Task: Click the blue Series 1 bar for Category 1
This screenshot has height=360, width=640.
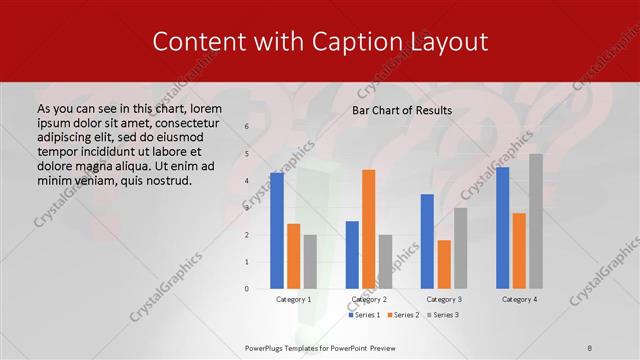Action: point(277,231)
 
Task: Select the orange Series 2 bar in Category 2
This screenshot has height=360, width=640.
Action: point(369,229)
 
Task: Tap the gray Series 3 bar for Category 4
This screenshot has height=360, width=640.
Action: point(536,221)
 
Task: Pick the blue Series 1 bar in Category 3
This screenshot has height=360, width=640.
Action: point(427,241)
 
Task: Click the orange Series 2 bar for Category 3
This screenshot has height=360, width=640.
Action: point(444,264)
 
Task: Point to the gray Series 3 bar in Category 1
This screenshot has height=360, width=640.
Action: point(310,262)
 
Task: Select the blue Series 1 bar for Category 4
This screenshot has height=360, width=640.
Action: point(503,228)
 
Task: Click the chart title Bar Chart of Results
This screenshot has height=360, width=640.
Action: point(402,110)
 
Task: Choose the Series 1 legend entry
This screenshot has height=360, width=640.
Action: point(364,315)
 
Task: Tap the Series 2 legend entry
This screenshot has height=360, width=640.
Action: point(403,315)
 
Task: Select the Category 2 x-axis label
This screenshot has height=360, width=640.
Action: point(369,299)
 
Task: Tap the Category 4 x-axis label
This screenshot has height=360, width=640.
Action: point(519,299)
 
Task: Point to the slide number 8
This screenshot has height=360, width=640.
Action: point(590,348)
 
